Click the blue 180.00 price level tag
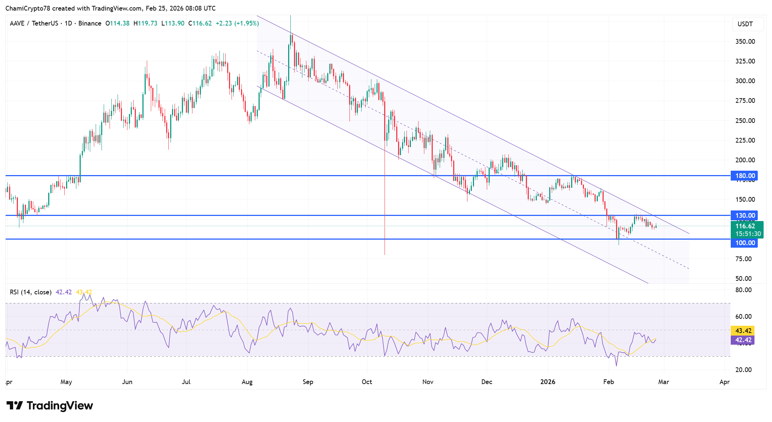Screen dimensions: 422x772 click(x=744, y=176)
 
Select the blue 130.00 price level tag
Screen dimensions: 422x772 click(x=744, y=216)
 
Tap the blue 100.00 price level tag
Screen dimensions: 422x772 click(x=744, y=243)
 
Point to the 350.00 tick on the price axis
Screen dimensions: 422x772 click(x=745, y=42)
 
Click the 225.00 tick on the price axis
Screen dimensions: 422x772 click(x=745, y=140)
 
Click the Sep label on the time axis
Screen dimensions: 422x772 click(x=308, y=382)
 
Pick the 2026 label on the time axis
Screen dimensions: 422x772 click(x=547, y=382)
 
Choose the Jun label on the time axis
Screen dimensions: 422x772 click(x=127, y=382)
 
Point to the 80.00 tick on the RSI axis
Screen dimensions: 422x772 click(x=744, y=290)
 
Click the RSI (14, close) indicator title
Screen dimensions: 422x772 click(x=31, y=292)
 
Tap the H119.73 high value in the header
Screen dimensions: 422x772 click(x=145, y=23)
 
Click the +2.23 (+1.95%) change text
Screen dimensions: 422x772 click(x=237, y=23)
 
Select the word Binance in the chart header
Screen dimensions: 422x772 click(x=90, y=23)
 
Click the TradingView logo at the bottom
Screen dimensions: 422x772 click(x=50, y=406)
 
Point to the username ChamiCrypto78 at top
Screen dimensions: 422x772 click(x=28, y=8)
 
